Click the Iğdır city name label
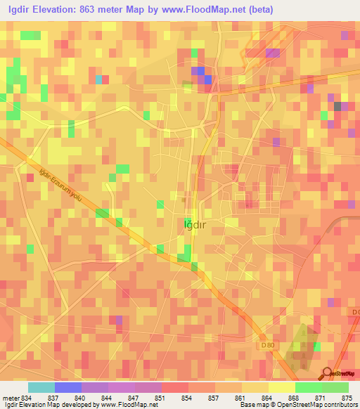pos(194,224)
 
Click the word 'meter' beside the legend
pos(8,398)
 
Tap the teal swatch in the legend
pos(41,387)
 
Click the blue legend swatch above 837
pos(67,387)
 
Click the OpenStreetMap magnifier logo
pos(328,373)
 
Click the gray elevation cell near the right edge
pos(339,106)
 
